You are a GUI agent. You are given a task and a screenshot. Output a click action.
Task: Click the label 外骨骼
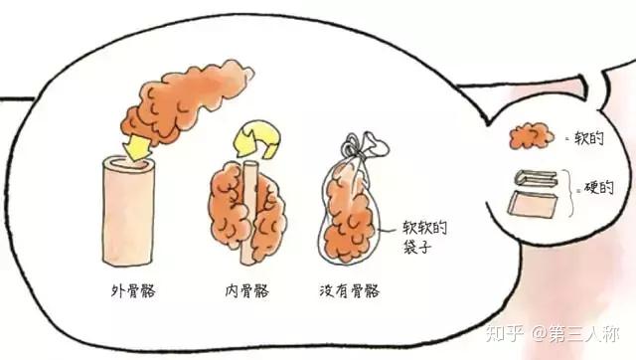pos(133,291)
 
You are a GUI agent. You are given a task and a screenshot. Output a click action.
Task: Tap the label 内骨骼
pos(247,291)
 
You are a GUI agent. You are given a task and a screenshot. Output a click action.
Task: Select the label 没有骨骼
pos(349,291)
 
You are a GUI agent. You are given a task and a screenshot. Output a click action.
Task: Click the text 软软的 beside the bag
pos(424,228)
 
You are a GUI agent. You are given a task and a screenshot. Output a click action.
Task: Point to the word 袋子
pos(416,247)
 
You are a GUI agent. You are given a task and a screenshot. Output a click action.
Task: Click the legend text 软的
pos(589,138)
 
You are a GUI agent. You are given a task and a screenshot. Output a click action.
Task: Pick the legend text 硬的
pos(598,188)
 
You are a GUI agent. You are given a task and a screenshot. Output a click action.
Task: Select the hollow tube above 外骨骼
pos(128,211)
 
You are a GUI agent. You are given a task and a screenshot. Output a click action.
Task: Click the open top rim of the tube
pos(129,163)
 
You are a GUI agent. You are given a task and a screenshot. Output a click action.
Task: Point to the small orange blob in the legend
pos(532,135)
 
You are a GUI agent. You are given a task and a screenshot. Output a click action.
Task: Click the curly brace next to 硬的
pos(572,192)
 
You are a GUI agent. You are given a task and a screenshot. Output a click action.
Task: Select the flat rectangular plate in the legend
pos(533,204)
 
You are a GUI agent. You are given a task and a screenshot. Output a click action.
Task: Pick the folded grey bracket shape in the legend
pos(537,179)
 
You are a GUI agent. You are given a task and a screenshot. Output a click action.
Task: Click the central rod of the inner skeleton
pos(250,211)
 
